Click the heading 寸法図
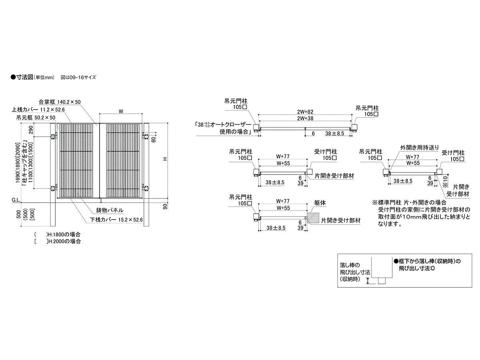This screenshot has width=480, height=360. click(x=25, y=77)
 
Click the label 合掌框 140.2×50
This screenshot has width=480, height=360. click(x=60, y=102)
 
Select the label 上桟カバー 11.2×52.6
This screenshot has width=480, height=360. click(x=38, y=110)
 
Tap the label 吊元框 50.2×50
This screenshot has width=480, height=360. click(x=36, y=118)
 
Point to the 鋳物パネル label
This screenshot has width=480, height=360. click(x=110, y=210)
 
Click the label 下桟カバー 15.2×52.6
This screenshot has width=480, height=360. click(x=116, y=220)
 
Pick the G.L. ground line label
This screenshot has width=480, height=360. click(x=16, y=200)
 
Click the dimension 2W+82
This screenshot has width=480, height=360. click(x=305, y=112)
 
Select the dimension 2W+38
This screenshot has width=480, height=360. click(x=305, y=118)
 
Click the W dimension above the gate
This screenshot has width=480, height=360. click(x=121, y=111)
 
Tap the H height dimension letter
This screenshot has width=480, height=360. click(x=165, y=159)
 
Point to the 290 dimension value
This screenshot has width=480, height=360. click(x=31, y=130)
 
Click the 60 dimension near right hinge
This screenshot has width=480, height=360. click(x=154, y=139)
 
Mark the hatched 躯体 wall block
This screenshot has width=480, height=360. click(x=313, y=218)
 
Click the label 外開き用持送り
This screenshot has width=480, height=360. click(x=420, y=148)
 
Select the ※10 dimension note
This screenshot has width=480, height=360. click(x=445, y=182)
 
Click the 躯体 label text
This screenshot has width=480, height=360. click(x=320, y=203)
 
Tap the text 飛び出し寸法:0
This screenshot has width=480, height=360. click(x=416, y=268)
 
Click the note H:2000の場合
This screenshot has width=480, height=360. click(x=64, y=241)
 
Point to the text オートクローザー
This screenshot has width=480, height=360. click(x=231, y=124)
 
